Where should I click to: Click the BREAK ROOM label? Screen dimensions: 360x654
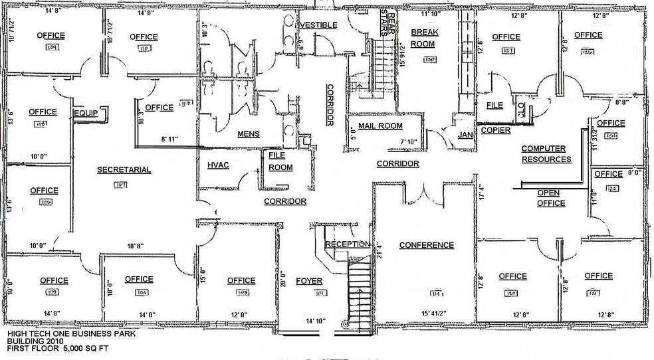click(423, 39)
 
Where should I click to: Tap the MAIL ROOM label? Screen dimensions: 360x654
click(380, 126)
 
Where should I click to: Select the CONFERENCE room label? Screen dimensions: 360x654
click(426, 245)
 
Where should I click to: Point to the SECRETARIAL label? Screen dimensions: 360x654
click(124, 170)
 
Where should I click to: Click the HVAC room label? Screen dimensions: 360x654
click(218, 165)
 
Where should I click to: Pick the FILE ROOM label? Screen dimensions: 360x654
click(280, 161)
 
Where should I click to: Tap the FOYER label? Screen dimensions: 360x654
click(309, 280)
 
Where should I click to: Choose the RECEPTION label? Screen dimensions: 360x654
click(348, 244)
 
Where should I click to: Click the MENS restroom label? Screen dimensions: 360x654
click(249, 134)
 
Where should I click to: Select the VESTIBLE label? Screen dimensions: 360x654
click(319, 25)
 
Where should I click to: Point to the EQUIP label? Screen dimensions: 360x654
click(86, 114)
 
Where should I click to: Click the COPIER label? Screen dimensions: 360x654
click(495, 130)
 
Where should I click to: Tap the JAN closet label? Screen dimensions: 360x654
click(465, 135)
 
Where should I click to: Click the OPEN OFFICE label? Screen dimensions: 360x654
click(551, 198)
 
